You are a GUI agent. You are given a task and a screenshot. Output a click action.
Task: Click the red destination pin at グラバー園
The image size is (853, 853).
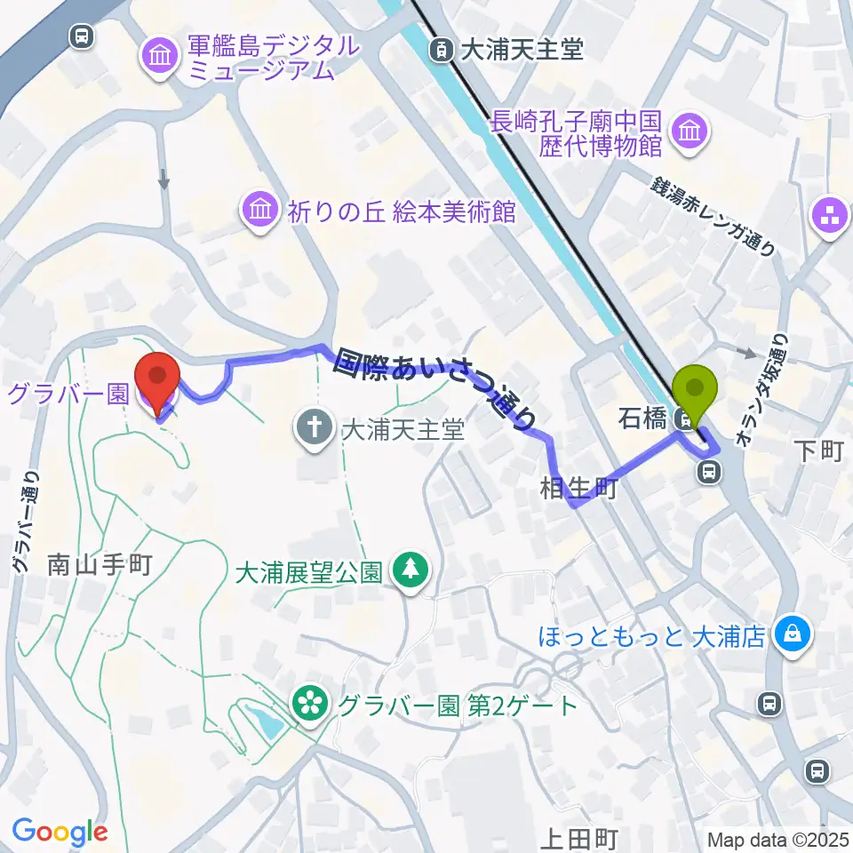[x=157, y=380]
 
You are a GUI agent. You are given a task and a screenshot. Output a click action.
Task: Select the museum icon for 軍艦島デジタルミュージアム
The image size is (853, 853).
[x=161, y=58]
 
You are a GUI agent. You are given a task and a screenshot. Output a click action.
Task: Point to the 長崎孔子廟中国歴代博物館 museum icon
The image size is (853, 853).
[x=690, y=132]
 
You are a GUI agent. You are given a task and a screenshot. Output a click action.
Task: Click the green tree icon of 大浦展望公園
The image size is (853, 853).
[x=411, y=569]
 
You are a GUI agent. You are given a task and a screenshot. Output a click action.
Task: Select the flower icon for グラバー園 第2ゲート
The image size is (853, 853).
[x=309, y=705]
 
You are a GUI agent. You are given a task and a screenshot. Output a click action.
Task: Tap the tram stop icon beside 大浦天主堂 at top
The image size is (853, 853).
[x=440, y=49]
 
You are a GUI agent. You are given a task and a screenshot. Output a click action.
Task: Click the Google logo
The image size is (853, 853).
[x=60, y=832]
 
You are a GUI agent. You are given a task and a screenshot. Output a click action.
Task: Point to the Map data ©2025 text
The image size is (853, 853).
[x=777, y=839]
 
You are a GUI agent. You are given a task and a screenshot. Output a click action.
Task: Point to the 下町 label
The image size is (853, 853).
[x=817, y=450]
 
